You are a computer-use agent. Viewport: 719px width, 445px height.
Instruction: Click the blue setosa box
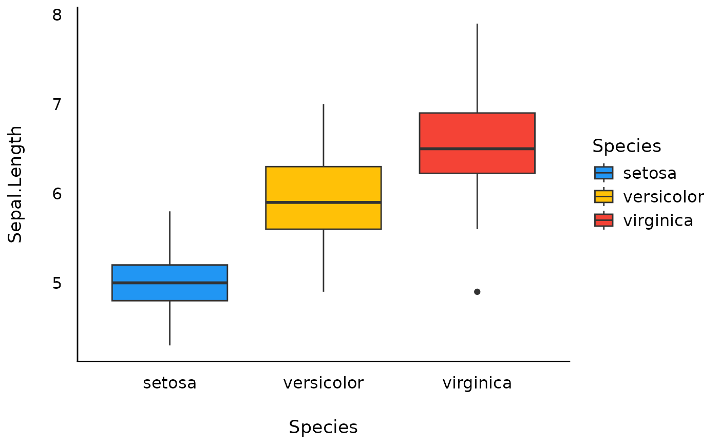(x=169, y=291)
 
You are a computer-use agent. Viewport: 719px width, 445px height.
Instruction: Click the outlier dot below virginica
(x=477, y=292)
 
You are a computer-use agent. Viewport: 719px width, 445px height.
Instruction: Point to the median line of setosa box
(x=169, y=283)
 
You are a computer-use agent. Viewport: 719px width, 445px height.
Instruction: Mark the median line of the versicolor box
(x=323, y=202)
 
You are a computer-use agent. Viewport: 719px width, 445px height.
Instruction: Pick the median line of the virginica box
(x=477, y=149)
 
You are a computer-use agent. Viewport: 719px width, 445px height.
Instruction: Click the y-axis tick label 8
(x=57, y=15)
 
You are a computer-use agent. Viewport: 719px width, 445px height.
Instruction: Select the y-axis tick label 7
(x=57, y=104)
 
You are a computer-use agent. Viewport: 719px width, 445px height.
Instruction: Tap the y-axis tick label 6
(x=57, y=194)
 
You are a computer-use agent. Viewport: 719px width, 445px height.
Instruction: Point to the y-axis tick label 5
(x=57, y=283)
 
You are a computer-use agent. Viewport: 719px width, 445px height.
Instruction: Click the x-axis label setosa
(x=169, y=383)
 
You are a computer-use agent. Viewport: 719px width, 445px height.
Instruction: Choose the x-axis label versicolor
(x=323, y=383)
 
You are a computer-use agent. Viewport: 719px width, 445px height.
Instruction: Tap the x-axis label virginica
(x=477, y=383)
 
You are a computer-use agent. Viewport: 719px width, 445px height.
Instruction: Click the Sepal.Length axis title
(x=15, y=184)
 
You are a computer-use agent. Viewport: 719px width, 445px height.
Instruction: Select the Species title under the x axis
(x=323, y=428)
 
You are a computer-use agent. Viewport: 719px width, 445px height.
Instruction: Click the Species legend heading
(x=627, y=146)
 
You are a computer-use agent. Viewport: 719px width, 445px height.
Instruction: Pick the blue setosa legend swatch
(x=603, y=173)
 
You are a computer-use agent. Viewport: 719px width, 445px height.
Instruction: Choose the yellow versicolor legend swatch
(x=603, y=197)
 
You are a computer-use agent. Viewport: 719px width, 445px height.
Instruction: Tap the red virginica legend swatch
(x=603, y=220)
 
